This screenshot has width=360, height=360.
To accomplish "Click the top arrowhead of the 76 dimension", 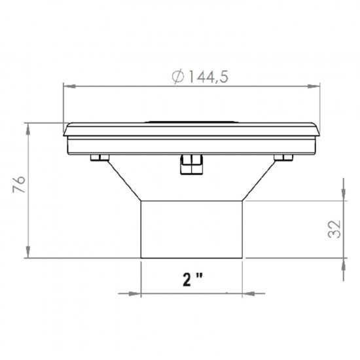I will pyautogui.click(x=28, y=126).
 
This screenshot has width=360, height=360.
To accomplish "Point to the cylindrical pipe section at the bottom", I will pyautogui.click(x=192, y=229).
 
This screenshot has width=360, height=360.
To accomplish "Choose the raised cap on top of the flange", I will pyautogui.click(x=192, y=121).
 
